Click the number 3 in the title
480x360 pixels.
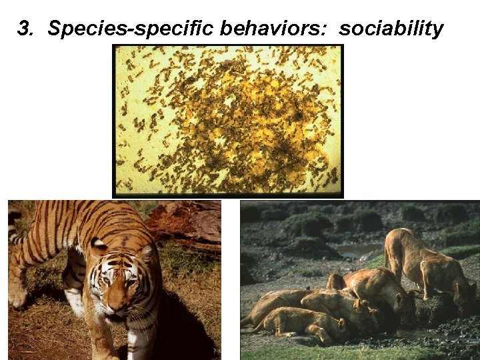click(x=24, y=29)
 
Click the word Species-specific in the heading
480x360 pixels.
click(x=131, y=29)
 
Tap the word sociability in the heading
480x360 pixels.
click(x=391, y=29)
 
